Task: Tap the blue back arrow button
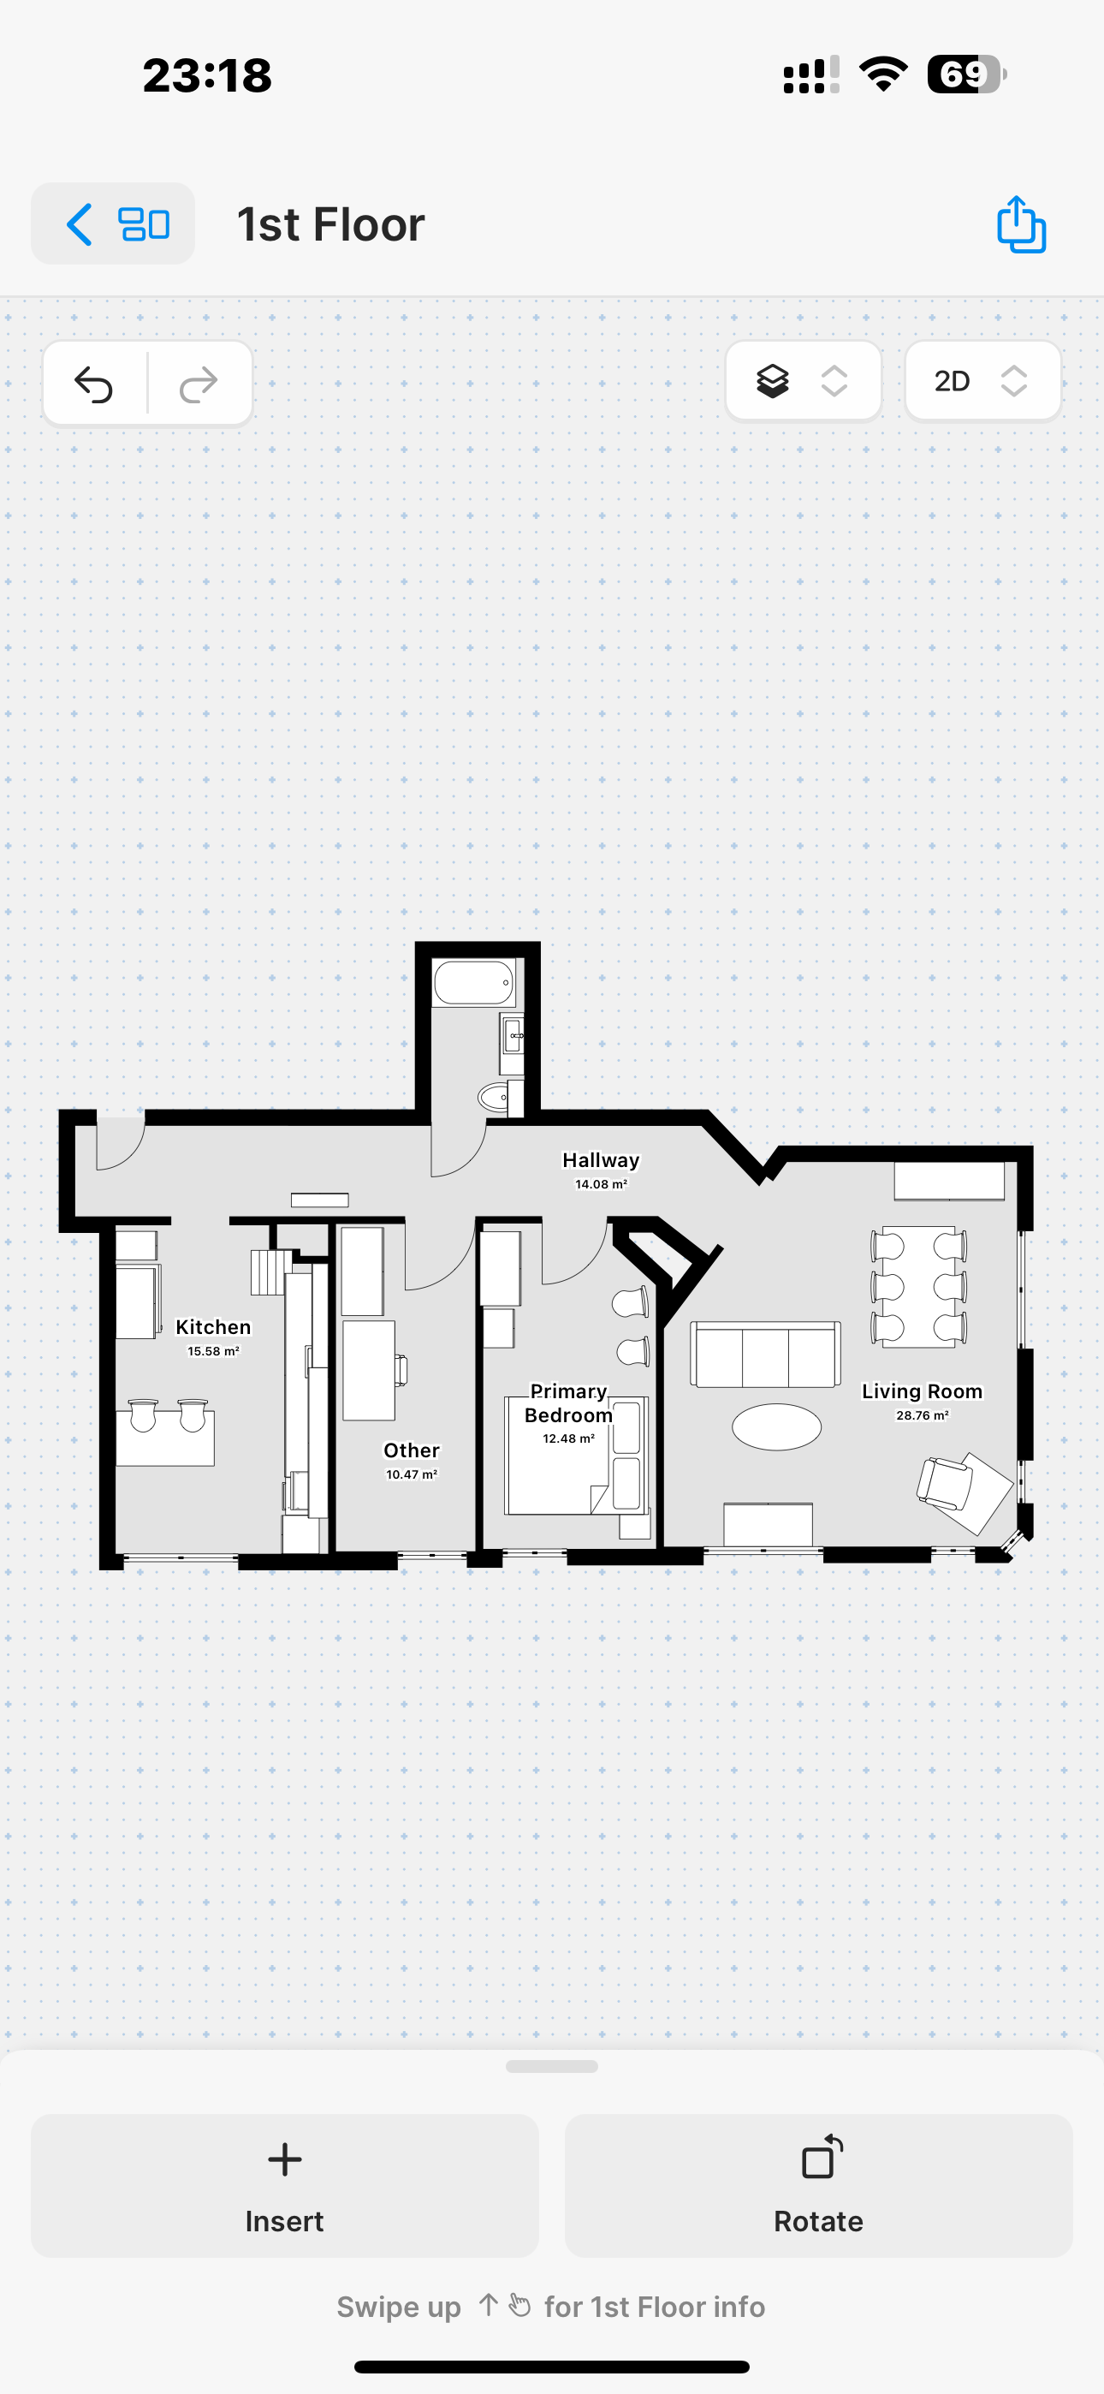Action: pos(80,224)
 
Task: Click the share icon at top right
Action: pos(1020,224)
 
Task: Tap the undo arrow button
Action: pos(94,383)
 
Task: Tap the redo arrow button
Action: pos(198,383)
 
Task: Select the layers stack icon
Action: pos(772,381)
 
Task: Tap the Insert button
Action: pos(284,2185)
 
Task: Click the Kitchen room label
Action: pos(214,1327)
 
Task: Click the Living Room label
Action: pos(922,1391)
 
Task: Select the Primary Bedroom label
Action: pos(569,1403)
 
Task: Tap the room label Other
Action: pos(412,1450)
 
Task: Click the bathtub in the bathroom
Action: pos(474,982)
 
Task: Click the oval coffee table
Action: pos(777,1426)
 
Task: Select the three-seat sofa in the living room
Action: pos(766,1354)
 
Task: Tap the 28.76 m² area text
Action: pos(922,1415)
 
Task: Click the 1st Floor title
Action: pos(331,225)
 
